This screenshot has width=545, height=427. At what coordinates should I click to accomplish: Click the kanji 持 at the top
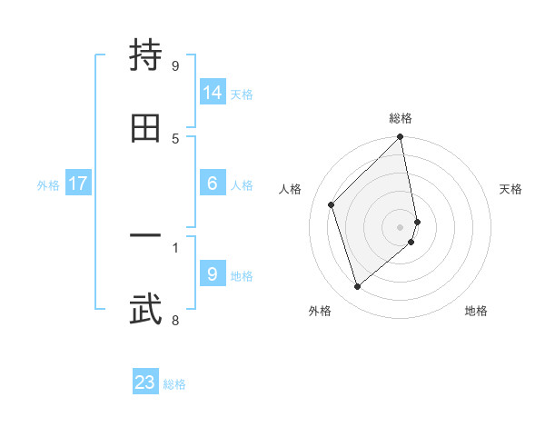(145, 57)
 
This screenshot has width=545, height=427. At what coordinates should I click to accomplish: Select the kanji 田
(145, 128)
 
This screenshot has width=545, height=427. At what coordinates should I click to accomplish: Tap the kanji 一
(145, 235)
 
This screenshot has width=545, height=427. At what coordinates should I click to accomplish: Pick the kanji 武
(145, 308)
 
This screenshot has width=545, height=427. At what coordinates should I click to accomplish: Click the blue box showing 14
(213, 92)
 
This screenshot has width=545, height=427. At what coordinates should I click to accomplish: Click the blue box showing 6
(213, 184)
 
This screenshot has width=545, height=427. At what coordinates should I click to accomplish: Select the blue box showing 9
(213, 273)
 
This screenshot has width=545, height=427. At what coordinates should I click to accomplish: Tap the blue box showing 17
(78, 184)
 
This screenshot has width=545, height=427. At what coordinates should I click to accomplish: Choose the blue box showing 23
(145, 382)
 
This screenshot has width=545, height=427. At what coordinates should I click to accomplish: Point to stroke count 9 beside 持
(175, 66)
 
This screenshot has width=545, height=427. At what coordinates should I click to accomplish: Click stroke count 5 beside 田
(175, 138)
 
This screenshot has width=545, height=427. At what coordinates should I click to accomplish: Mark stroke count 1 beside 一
(175, 245)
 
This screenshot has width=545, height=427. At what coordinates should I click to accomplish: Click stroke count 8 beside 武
(175, 319)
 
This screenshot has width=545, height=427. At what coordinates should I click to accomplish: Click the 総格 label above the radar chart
(401, 118)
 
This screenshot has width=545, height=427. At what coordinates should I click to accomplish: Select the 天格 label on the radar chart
(511, 189)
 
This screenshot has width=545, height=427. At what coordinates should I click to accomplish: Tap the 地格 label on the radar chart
(476, 311)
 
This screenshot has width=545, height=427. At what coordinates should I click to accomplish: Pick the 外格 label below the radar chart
(320, 311)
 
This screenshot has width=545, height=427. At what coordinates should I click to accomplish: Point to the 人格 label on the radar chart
(291, 189)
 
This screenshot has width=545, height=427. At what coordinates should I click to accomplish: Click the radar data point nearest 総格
(401, 138)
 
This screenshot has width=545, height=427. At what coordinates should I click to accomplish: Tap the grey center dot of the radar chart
(401, 226)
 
